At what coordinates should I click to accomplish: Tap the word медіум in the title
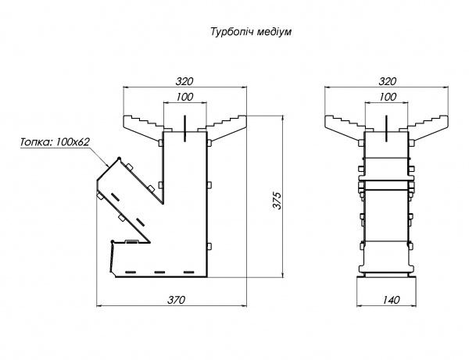(x=274, y=34)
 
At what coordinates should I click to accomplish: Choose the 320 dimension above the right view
(x=387, y=80)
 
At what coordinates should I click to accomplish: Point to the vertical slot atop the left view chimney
(x=184, y=129)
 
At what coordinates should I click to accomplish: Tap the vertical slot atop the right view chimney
(x=387, y=129)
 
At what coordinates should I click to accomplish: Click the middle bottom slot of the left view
(x=158, y=273)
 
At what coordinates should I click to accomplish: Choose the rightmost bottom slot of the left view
(x=188, y=273)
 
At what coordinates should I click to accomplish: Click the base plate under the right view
(x=385, y=275)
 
